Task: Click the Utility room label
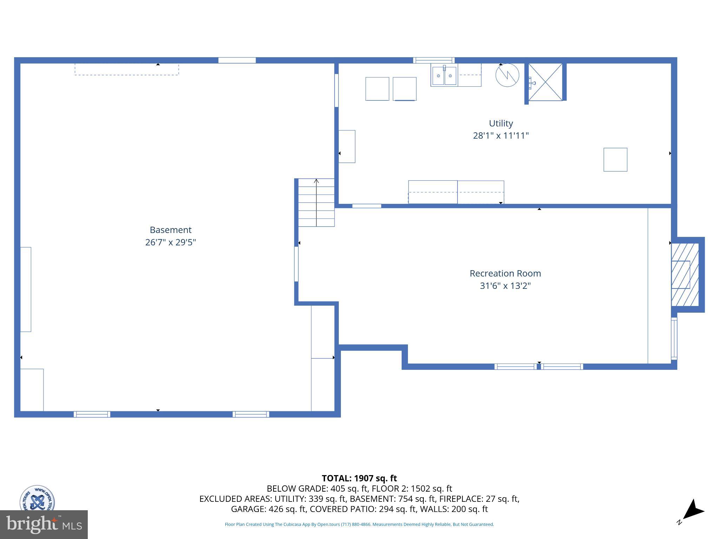501,124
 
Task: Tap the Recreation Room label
505,273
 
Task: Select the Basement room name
171,230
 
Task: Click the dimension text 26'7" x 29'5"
171,242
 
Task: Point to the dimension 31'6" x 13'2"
505,286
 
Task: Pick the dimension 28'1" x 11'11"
501,135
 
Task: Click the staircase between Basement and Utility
316,202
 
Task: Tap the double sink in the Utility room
444,75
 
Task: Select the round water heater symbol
507,75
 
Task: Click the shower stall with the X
546,82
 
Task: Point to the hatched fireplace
685,275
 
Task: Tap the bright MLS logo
44,524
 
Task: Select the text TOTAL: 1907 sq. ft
359,478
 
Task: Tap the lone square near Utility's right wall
615,160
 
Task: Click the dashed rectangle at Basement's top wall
127,69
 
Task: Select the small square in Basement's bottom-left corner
32,390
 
